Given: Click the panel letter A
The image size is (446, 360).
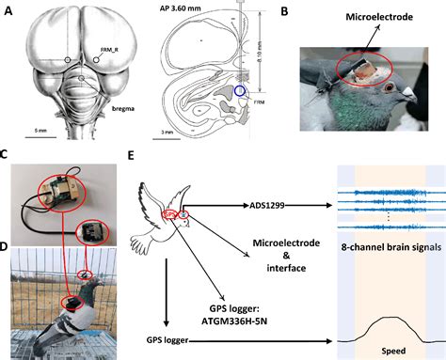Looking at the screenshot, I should click(x=8, y=8).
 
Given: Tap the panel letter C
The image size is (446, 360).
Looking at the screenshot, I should click(x=8, y=153).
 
